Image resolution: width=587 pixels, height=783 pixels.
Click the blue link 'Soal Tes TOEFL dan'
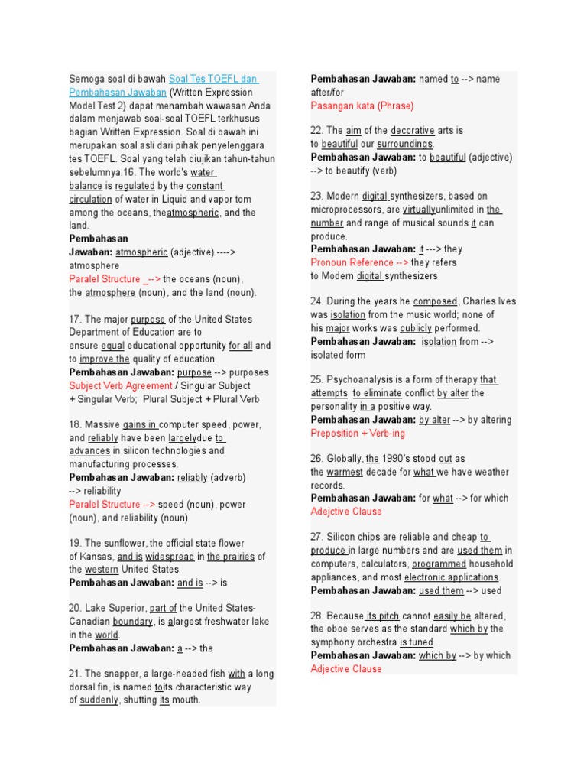213,79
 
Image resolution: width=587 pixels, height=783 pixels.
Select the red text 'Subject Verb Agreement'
121,385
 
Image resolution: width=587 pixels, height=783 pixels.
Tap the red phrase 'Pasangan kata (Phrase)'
362,106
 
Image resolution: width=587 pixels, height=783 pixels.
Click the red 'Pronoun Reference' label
352,262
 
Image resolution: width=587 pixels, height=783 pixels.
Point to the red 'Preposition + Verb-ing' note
357,433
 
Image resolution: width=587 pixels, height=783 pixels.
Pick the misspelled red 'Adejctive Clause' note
346,512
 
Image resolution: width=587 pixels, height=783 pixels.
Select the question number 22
316,131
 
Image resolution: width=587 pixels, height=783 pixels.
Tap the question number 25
316,379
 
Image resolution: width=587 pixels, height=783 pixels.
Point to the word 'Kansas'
96,557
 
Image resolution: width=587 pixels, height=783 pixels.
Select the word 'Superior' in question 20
126,609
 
